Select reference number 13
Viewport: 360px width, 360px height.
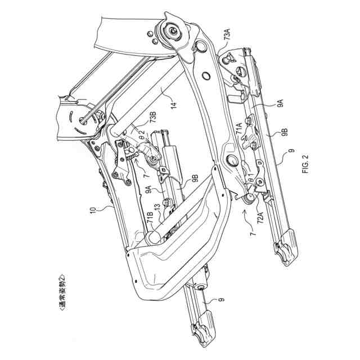point(158,210)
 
